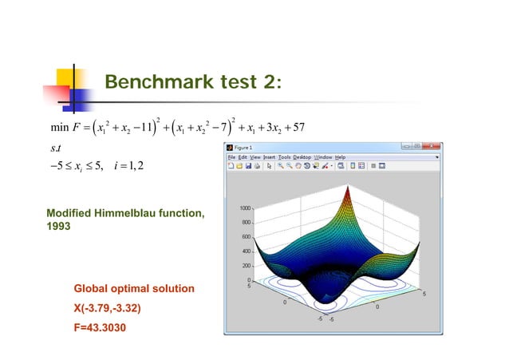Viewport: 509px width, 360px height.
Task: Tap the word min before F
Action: (59, 127)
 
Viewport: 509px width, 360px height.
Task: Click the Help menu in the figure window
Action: (340, 157)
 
